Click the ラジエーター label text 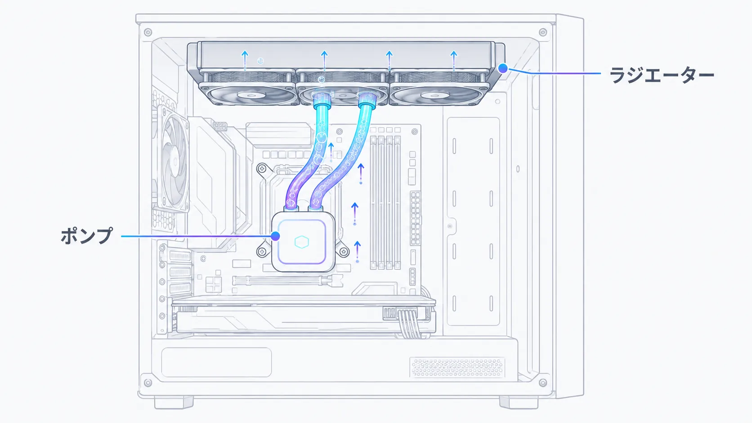coord(661,74)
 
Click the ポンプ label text coord(87,236)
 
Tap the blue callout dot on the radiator coord(502,68)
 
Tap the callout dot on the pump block coord(275,236)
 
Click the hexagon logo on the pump coord(301,242)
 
